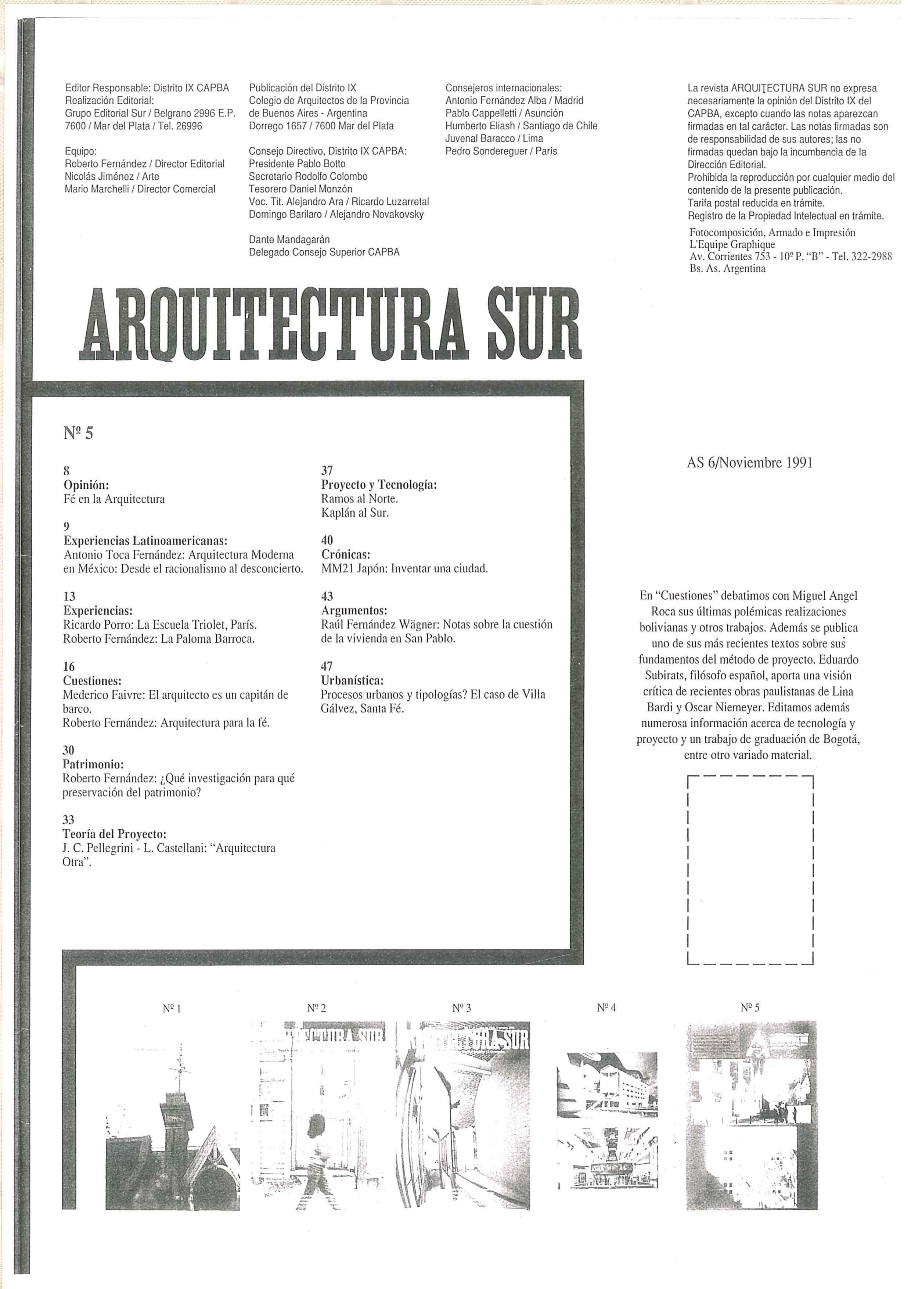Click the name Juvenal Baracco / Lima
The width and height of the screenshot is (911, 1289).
point(494,138)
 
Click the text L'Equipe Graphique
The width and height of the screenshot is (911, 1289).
point(732,244)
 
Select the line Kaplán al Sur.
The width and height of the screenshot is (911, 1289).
point(355,513)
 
